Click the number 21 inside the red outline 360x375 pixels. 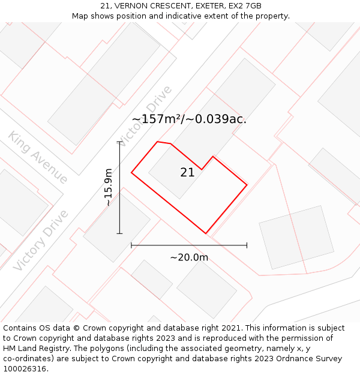[187, 173]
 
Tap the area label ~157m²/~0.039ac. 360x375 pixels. [189, 119]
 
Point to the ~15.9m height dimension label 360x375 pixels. [108, 187]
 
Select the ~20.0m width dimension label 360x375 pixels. [189, 257]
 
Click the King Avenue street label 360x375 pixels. [38, 157]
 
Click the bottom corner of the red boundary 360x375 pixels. [205, 233]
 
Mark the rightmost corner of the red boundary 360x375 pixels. [247, 185]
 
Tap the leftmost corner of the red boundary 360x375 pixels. [131, 173]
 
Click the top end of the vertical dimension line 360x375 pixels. [119, 142]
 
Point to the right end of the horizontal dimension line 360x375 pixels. [247, 245]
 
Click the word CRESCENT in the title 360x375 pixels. [169, 6]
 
